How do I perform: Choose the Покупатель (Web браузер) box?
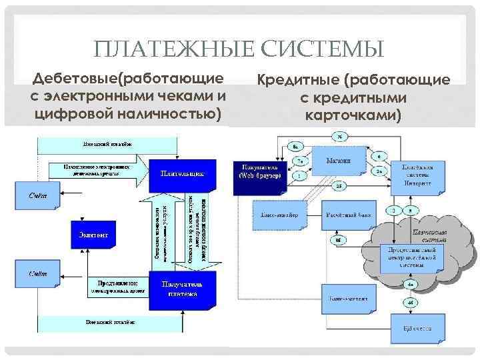pos(261,171)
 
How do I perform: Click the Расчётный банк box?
pos(348,217)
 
